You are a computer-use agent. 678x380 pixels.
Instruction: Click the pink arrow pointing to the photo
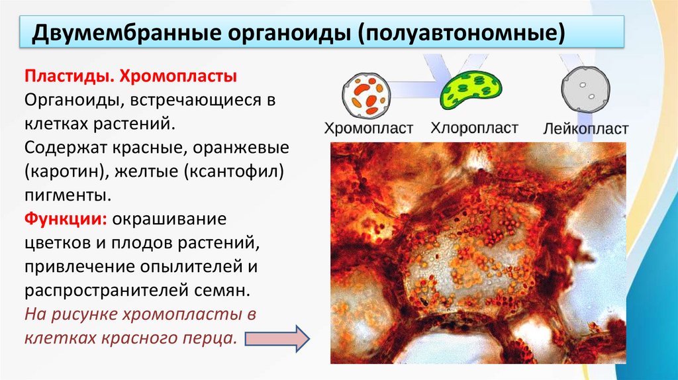pyautogui.click(x=276, y=338)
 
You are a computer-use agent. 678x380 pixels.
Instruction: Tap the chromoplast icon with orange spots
pyautogui.click(x=365, y=93)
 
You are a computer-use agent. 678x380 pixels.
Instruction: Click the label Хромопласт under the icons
pyautogui.click(x=368, y=128)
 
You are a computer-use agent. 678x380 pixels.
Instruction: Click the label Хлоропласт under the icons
pyautogui.click(x=475, y=128)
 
